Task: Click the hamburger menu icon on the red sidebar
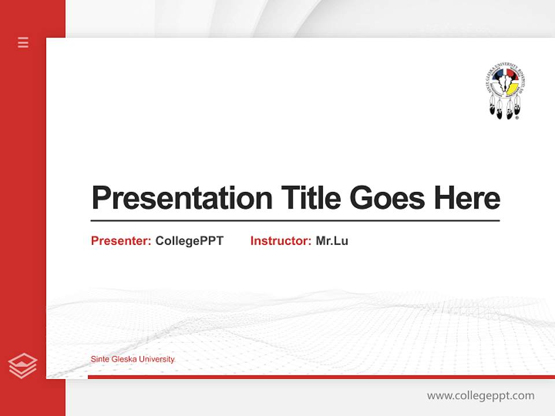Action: click(x=23, y=42)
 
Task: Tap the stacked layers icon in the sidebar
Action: click(x=23, y=366)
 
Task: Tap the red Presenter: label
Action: click(x=121, y=241)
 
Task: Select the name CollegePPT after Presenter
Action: click(x=189, y=241)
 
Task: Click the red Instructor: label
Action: click(x=280, y=241)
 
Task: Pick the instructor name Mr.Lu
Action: click(x=332, y=241)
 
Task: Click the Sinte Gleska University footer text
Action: click(x=132, y=359)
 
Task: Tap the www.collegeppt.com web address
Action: click(x=480, y=396)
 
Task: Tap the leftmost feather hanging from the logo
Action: click(x=493, y=108)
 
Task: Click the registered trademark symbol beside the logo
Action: click(x=517, y=117)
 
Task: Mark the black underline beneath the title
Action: click(x=295, y=220)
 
